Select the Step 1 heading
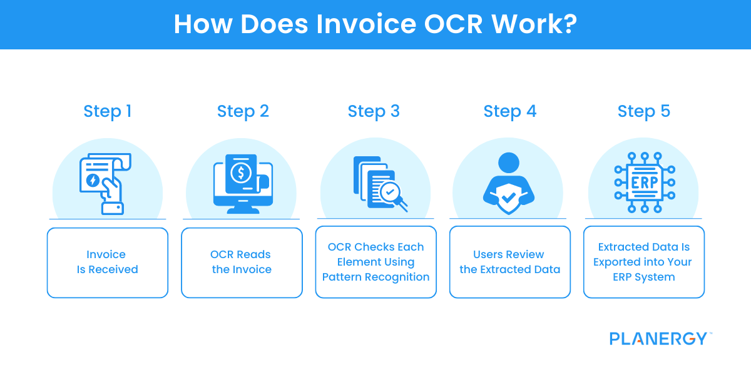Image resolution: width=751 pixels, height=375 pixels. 107,111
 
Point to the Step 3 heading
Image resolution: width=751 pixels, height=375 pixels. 374,111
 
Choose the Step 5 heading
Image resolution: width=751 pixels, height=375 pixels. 643,111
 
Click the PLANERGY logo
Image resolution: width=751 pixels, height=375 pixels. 659,339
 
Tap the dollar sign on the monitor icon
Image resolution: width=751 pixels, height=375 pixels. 240,173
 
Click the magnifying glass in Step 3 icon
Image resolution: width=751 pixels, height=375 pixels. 392,194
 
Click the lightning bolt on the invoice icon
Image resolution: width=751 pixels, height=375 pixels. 93,181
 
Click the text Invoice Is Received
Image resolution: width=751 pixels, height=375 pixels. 107,262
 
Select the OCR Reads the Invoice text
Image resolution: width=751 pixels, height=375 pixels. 241,262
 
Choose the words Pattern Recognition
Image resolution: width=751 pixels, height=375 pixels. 375,277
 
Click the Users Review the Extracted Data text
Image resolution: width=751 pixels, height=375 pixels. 509,262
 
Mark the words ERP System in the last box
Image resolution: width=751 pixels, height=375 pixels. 643,277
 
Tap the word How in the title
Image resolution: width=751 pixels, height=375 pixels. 200,24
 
